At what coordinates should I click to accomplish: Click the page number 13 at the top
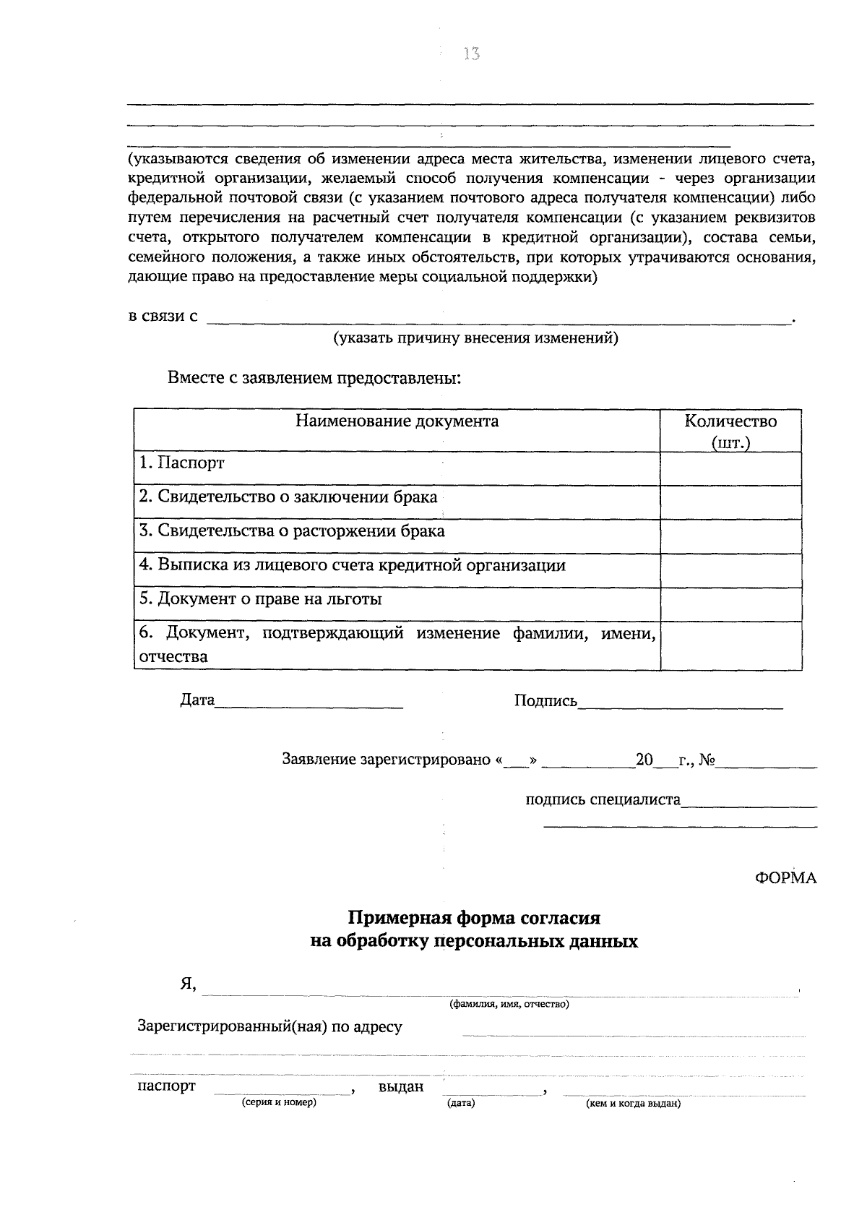[x=472, y=54]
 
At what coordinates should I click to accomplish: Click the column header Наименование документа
[x=397, y=421]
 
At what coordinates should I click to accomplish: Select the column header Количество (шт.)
[x=730, y=432]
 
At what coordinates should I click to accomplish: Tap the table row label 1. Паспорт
[x=182, y=463]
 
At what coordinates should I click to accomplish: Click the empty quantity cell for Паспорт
[x=730, y=468]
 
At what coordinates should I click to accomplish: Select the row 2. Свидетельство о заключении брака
[x=288, y=497]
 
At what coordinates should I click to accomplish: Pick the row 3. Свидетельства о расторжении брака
[x=292, y=531]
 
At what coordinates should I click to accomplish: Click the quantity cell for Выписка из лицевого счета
[x=730, y=570]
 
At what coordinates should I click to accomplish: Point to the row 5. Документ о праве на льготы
[x=260, y=599]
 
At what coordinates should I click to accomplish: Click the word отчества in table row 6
[x=173, y=657]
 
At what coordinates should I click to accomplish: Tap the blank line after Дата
[x=309, y=703]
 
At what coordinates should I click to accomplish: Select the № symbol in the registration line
[x=707, y=760]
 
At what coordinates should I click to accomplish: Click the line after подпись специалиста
[x=749, y=802]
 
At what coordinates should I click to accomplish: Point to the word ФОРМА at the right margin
[x=785, y=878]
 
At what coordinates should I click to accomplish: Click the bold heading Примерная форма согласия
[x=475, y=918]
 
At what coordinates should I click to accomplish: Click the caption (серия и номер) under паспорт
[x=280, y=1103]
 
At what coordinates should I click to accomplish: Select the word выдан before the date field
[x=400, y=1087]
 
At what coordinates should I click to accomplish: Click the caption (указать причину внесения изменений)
[x=475, y=338]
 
